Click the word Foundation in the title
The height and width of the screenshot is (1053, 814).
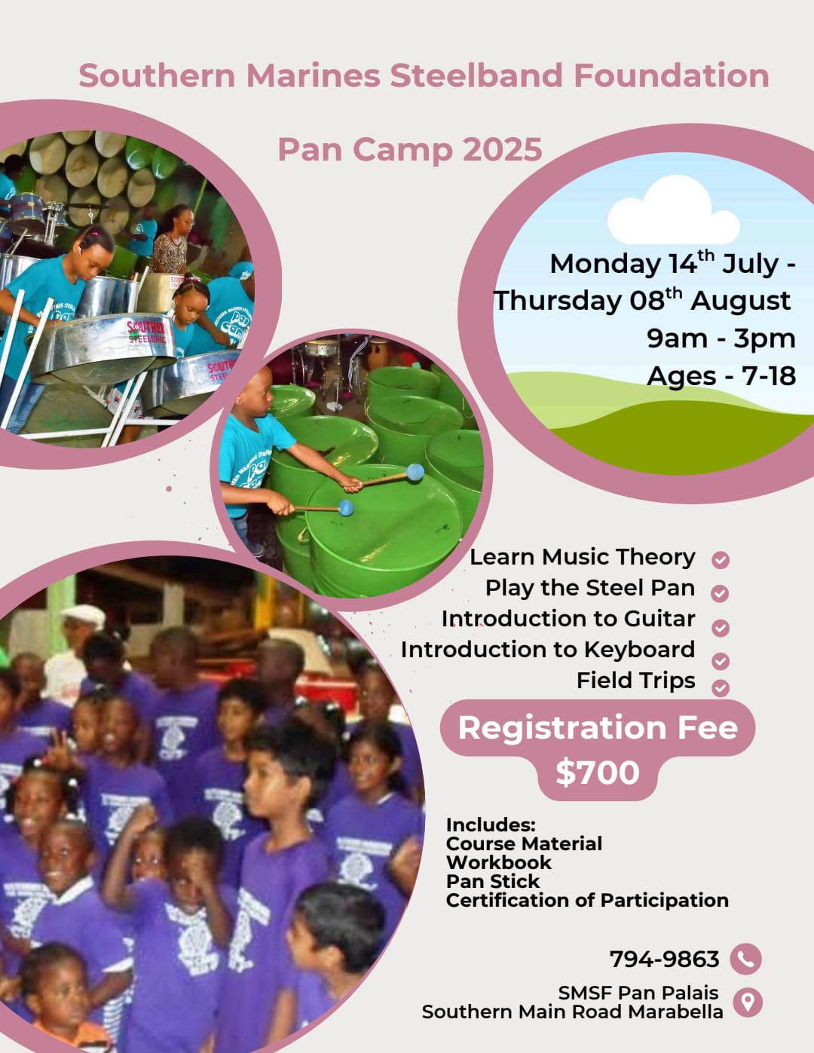tap(672, 75)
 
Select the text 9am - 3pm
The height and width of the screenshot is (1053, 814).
tap(721, 338)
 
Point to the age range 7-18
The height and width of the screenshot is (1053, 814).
tap(769, 376)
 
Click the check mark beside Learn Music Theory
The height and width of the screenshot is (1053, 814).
tap(721, 560)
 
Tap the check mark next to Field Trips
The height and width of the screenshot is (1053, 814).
tap(721, 688)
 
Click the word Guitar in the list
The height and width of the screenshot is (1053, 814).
tap(659, 619)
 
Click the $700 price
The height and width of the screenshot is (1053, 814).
tap(598, 772)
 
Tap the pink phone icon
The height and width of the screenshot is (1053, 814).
tap(745, 959)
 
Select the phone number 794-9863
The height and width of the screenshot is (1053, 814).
tap(664, 959)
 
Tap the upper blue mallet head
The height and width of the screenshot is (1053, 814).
tap(415, 472)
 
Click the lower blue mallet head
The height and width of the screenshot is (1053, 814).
tap(346, 508)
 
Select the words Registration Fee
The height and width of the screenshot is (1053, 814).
tap(598, 728)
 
